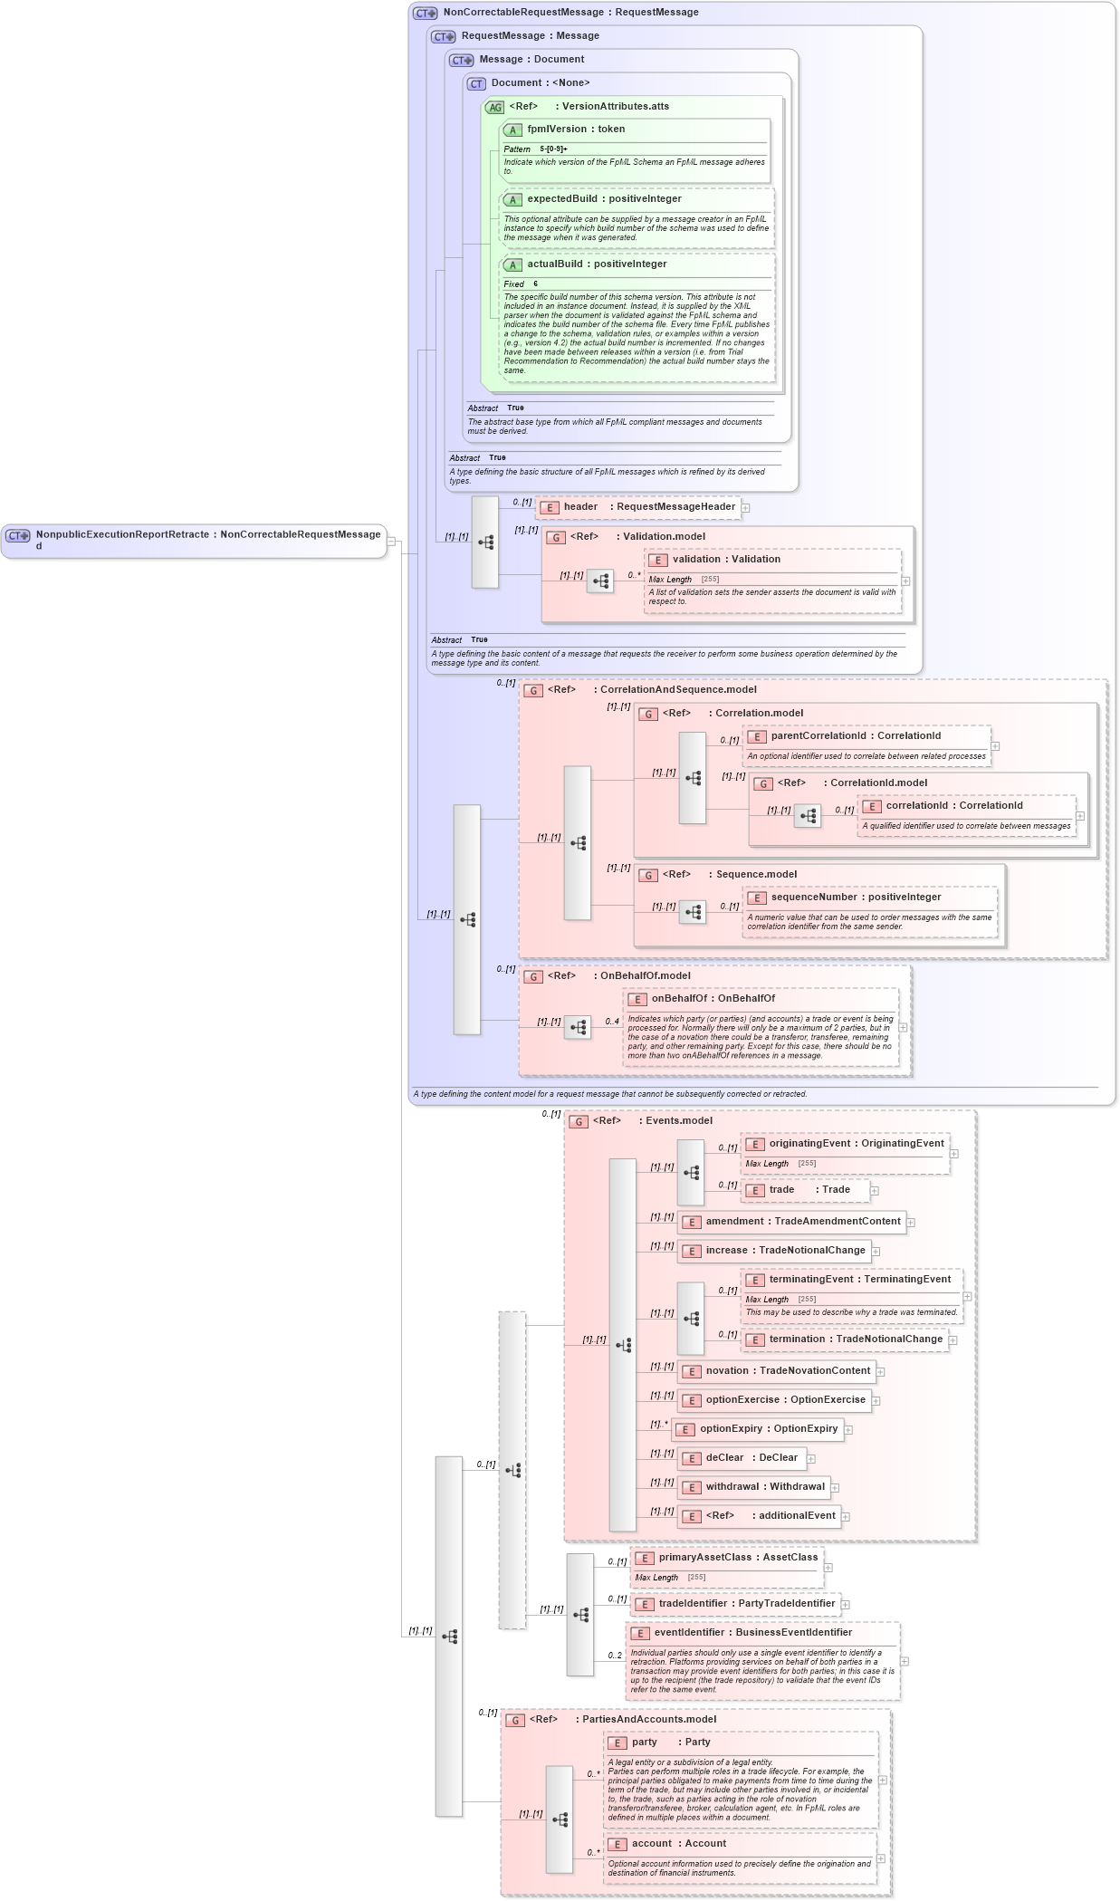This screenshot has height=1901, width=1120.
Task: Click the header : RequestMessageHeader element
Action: (x=648, y=507)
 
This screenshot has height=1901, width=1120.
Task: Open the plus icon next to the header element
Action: (x=745, y=508)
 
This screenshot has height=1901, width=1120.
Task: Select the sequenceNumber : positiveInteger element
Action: (x=855, y=898)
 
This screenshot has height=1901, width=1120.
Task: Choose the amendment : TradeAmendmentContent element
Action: (x=802, y=1222)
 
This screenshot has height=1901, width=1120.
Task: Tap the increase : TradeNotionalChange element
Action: (x=785, y=1251)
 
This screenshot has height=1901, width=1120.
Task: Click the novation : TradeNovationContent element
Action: (x=787, y=1371)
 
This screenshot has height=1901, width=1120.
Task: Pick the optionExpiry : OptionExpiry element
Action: (x=768, y=1429)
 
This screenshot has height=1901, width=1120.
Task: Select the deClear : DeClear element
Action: (x=751, y=1458)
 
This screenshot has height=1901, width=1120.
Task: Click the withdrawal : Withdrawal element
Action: (x=764, y=1487)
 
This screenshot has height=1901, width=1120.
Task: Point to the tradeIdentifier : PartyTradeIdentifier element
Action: (x=746, y=1604)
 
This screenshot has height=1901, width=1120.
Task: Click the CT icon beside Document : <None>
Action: (x=476, y=83)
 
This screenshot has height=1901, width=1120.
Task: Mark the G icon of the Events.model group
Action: (x=578, y=1122)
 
